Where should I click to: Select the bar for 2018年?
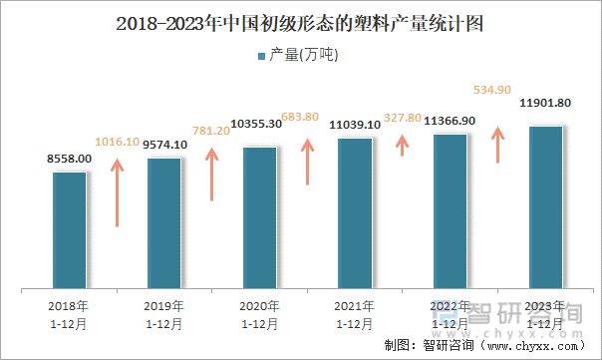pos(70,230)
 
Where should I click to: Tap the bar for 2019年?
pos(163,223)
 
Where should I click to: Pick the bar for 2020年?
pos(259,218)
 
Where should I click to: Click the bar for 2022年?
pos(450,211)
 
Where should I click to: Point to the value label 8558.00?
pos(70,160)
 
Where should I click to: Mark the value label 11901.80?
pos(545,103)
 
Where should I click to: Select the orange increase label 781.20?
pos(210,131)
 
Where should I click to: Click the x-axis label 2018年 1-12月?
pos(68,314)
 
